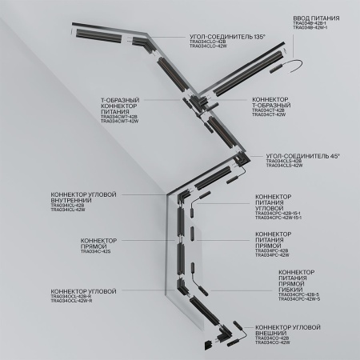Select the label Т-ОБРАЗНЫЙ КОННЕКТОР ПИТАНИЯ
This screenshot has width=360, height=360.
coord(119,106)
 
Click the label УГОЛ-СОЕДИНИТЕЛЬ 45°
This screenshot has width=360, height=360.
coord(297,156)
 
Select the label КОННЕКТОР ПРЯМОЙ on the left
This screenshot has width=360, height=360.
coord(98,242)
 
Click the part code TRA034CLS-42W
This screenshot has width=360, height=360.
coord(285,166)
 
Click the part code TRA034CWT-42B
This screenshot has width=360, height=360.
coord(119,117)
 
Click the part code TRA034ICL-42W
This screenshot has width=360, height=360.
coord(67,210)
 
